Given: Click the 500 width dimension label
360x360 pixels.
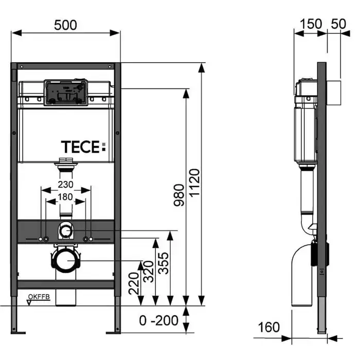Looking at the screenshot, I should [65, 24].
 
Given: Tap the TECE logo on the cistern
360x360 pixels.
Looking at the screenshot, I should [83, 147].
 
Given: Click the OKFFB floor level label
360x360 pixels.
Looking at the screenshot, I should [38, 296].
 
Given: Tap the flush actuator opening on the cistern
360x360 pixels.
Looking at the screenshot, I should [65, 93].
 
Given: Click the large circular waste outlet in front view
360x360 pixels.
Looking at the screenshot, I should [65, 261].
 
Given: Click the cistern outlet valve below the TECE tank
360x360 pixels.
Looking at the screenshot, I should [65, 163].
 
